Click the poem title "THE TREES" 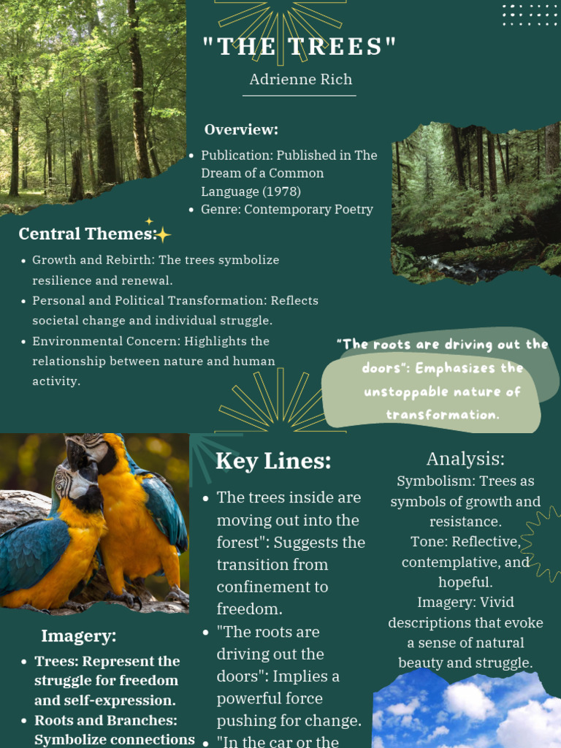point(300,47)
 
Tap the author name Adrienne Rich point(300,80)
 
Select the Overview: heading point(241,130)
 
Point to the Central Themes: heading point(86,234)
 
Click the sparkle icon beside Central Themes point(162,233)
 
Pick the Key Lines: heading point(273,462)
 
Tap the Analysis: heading point(465,459)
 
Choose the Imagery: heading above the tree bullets point(78,636)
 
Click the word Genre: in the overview point(221,210)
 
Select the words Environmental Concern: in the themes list point(106,341)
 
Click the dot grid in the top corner point(530,15)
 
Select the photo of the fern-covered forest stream point(476,201)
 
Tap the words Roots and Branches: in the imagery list point(106,720)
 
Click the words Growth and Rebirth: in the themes point(93,260)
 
